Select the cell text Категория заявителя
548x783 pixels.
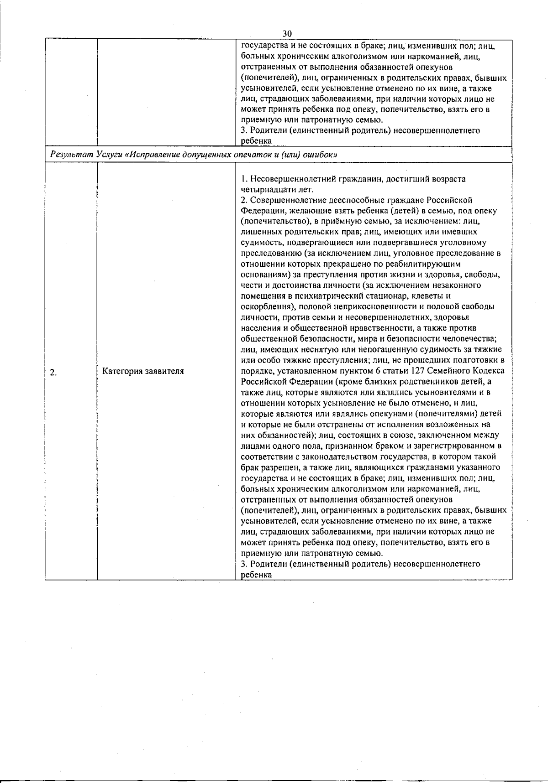[143, 371]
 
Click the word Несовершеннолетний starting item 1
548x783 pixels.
[290, 179]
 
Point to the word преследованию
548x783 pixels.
[265, 253]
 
